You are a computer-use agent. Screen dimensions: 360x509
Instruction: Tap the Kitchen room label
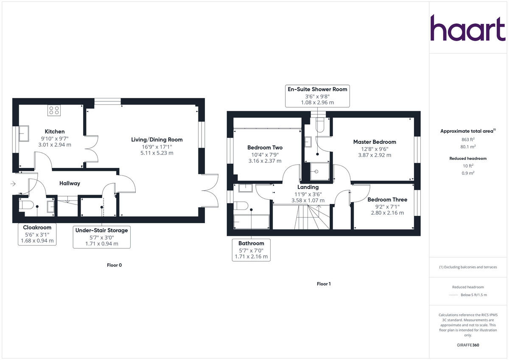coord(55,131)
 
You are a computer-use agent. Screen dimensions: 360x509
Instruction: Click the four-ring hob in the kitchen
coord(54,110)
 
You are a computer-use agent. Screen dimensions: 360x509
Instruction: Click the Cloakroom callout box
coord(37,234)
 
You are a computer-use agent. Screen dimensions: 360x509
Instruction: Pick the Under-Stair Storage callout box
coord(101,237)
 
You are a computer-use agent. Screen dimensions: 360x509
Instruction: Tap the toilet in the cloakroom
coord(27,206)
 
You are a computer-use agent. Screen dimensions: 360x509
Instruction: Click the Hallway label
coord(70,183)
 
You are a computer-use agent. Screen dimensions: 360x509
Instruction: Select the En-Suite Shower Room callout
coord(317,95)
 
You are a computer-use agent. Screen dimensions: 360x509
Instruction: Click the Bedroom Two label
coord(265,148)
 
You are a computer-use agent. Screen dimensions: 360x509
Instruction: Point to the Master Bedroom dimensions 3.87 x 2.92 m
coord(375,155)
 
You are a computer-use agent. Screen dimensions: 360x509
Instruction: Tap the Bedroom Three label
coord(387,200)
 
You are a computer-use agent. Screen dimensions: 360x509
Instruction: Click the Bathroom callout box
coord(251,250)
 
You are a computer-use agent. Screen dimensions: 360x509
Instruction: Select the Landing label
coord(308,187)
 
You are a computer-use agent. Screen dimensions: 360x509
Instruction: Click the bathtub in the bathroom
coord(251,222)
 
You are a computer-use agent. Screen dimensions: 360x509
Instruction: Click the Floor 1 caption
coord(324,284)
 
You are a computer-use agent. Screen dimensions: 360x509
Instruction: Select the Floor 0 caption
coord(115,265)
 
